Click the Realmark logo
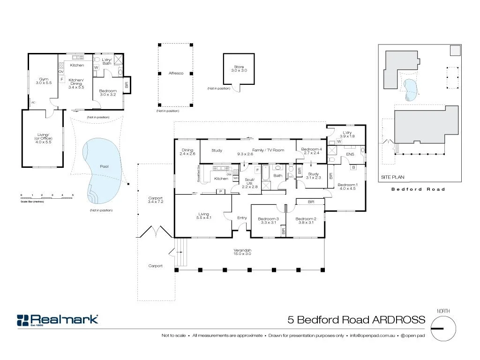[58, 320]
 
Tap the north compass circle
[443, 328]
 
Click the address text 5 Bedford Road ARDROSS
[356, 320]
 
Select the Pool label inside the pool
[105, 166]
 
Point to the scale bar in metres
[47, 196]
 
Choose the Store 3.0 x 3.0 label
[239, 69]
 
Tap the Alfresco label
[176, 73]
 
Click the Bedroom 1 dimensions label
[347, 187]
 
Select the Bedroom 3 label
[268, 221]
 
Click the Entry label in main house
[242, 217]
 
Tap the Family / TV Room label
[268, 150]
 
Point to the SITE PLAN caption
[392, 177]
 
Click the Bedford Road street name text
[418, 189]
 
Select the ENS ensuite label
[350, 154]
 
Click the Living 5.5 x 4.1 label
[204, 216]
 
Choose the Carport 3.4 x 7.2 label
[155, 200]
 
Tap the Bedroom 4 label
[311, 151]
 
